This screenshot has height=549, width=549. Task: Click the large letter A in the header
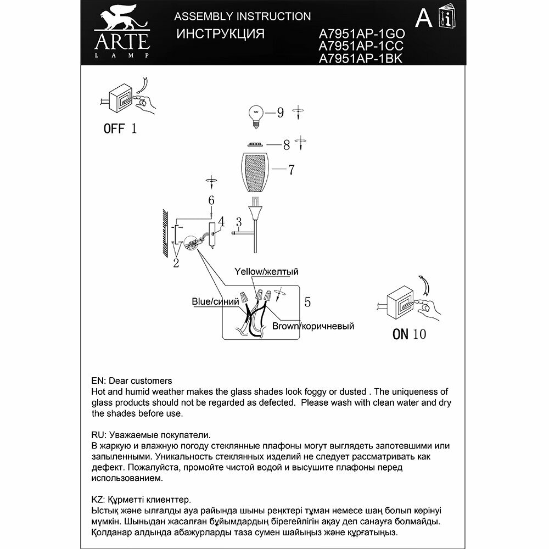tap(423, 19)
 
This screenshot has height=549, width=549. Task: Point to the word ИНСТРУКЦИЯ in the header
tap(220, 33)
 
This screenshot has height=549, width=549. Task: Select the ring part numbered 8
tap(254, 145)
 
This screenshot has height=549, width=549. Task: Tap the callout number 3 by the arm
tap(239, 222)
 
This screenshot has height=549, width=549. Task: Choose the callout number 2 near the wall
tap(176, 263)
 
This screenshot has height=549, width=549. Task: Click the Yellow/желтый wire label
tap(266, 272)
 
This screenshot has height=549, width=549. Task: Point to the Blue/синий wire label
tap(215, 301)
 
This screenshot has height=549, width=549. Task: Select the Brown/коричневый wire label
tap(313, 326)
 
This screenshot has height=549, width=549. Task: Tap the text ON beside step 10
tap(400, 334)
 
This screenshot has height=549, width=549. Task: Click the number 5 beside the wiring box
tap(307, 301)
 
